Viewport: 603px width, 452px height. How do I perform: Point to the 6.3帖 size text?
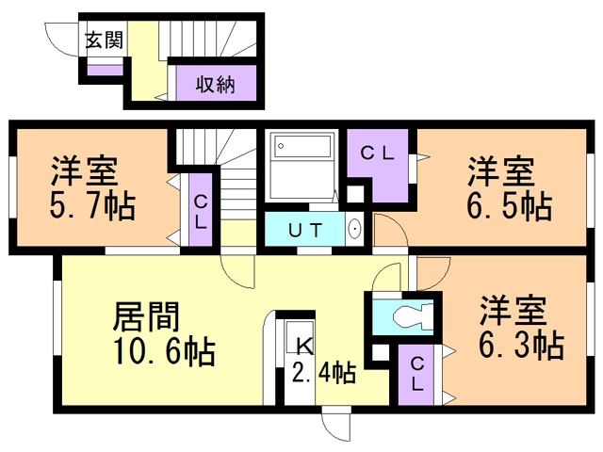521,345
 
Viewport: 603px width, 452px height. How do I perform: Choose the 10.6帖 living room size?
163,351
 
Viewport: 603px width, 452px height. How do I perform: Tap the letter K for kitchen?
304,345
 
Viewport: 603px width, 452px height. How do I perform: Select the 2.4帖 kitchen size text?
322,373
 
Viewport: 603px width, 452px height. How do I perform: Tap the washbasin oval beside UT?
354,229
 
